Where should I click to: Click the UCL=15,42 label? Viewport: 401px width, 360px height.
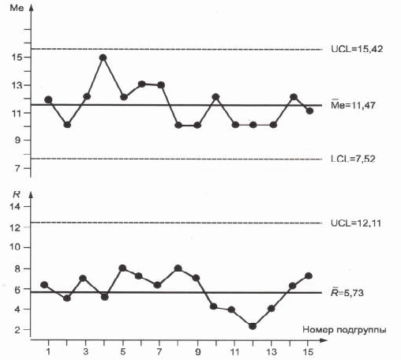tap(357, 49)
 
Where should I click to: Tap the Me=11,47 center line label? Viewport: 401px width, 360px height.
tap(353, 105)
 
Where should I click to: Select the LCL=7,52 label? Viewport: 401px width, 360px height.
tap(353, 159)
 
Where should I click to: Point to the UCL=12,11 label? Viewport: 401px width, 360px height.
tap(356, 223)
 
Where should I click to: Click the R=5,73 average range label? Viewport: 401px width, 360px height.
tap(347, 292)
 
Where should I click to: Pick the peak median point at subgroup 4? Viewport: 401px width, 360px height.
tap(103, 58)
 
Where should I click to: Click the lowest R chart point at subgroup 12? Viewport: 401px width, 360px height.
tap(253, 326)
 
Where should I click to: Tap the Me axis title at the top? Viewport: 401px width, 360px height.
tap(17, 8)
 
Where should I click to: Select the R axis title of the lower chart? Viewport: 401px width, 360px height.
tap(17, 194)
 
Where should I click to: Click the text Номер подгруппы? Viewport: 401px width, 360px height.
tap(344, 329)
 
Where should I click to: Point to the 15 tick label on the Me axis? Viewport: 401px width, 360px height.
tap(17, 57)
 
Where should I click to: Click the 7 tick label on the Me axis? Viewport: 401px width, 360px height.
tap(17, 167)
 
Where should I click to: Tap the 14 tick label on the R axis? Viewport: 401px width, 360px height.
tap(15, 207)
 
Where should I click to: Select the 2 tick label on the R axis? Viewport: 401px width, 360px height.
tap(17, 329)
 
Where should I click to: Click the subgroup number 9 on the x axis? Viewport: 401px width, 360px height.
tap(198, 351)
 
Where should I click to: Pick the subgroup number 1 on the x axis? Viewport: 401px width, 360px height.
tap(48, 351)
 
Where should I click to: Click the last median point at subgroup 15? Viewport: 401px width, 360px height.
tap(309, 111)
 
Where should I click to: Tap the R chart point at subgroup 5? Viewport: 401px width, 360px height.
tap(122, 268)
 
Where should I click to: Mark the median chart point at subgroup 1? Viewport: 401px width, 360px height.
tap(48, 99)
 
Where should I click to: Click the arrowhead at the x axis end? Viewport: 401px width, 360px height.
tap(324, 340)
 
